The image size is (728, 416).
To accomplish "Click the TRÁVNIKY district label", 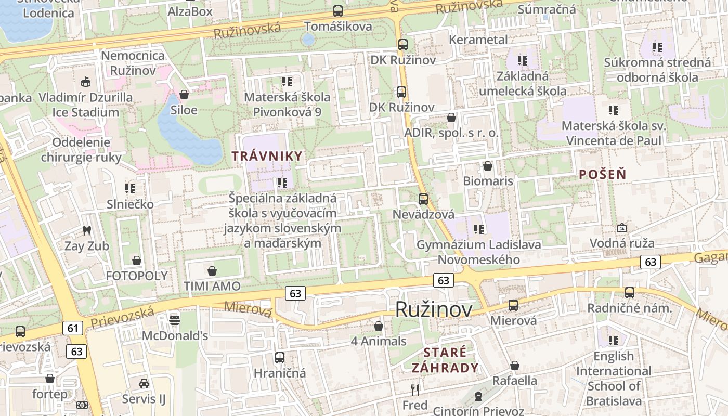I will [x=267, y=156].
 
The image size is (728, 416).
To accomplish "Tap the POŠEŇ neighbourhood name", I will [x=603, y=175].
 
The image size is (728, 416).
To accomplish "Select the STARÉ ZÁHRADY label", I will [x=445, y=360].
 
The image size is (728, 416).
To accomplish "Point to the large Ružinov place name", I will [x=434, y=309].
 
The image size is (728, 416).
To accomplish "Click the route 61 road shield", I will [x=72, y=328].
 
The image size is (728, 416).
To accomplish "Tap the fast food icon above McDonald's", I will [x=175, y=319].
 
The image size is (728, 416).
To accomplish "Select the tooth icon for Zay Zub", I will [x=86, y=230].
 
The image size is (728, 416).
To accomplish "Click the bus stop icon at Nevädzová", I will [x=423, y=199].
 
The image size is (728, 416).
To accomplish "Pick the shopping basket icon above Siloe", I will [x=184, y=95].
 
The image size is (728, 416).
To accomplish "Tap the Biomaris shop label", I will [x=488, y=181].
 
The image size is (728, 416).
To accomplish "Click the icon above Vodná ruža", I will [x=621, y=228].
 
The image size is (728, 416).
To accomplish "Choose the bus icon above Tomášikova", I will [x=338, y=10].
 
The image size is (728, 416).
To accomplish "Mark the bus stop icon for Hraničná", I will [x=280, y=357].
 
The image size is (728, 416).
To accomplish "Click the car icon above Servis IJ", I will [x=144, y=383].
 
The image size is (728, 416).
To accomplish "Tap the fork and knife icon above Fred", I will [x=415, y=389].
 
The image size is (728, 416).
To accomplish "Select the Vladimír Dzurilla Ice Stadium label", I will [x=85, y=105].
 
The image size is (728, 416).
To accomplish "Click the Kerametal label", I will [x=478, y=40].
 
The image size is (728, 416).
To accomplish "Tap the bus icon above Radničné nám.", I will [x=630, y=292].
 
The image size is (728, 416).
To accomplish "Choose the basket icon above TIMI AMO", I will [x=212, y=270].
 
